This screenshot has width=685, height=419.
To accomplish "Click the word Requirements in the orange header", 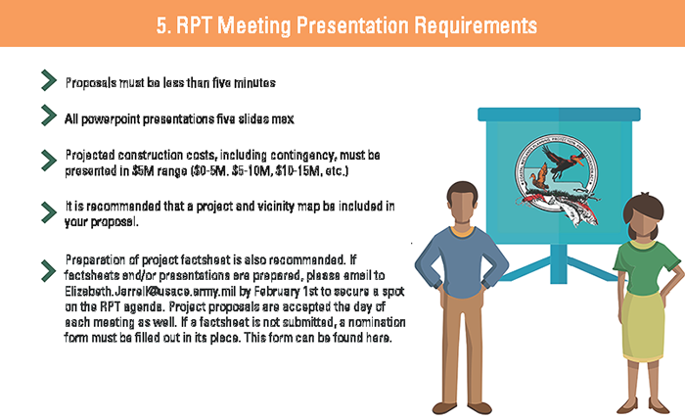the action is click(x=476, y=25).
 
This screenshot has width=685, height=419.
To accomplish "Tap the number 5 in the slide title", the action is click(x=162, y=25).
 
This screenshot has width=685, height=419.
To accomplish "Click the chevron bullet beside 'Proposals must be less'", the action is click(x=49, y=80).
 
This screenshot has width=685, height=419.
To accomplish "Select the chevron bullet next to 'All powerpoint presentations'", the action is click(x=49, y=116).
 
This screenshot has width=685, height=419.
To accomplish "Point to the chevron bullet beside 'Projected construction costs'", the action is click(x=49, y=161).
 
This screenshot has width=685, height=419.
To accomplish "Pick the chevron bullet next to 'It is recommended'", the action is click(x=49, y=212).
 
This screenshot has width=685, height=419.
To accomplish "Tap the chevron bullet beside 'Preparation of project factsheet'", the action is click(x=49, y=271).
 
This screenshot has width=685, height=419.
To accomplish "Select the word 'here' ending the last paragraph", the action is click(x=379, y=338).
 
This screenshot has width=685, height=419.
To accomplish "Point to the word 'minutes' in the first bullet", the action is click(x=254, y=82).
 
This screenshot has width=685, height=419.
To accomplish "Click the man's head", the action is click(x=462, y=205).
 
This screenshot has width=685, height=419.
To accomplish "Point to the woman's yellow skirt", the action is click(x=643, y=327).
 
